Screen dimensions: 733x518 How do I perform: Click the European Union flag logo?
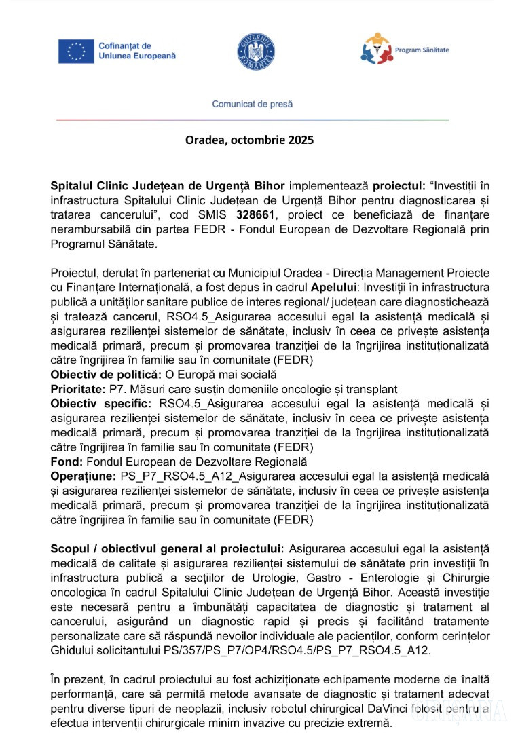pyautogui.click(x=76, y=52)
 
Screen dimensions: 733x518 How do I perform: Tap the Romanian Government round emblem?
pyautogui.click(x=256, y=51)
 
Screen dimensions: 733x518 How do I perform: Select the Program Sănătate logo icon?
pyautogui.click(x=375, y=49)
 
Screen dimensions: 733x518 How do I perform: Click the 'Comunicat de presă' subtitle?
pyautogui.click(x=253, y=105)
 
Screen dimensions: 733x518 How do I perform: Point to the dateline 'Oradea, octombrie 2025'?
pyautogui.click(x=250, y=140)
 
